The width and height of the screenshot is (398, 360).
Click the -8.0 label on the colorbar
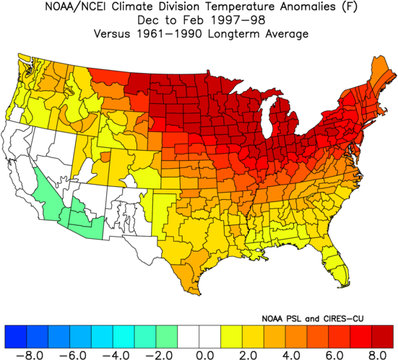30,355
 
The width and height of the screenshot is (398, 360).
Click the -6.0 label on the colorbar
73,355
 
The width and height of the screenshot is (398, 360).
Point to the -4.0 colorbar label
116,355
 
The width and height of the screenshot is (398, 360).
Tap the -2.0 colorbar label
159,355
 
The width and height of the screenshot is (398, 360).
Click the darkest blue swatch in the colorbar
15,336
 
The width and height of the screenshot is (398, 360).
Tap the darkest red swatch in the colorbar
382,336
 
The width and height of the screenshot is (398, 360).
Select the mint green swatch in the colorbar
167,336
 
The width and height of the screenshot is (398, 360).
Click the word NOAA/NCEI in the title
77,6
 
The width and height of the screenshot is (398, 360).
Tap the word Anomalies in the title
308,6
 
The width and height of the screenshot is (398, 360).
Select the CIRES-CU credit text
343,318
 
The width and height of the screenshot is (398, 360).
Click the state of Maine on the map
381,76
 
